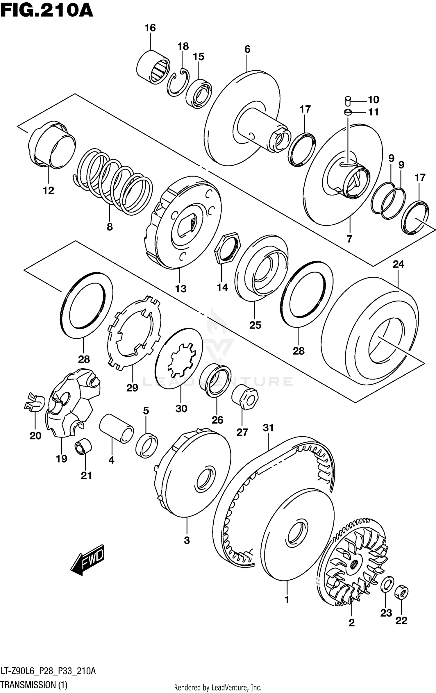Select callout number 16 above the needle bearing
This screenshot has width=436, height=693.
pyautogui.click(x=150, y=28)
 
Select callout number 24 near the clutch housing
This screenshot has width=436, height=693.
pyautogui.click(x=398, y=264)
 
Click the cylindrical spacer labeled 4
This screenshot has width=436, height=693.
pyautogui.click(x=116, y=428)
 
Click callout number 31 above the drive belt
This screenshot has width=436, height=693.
pyautogui.click(x=268, y=428)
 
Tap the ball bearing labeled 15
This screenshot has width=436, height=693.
pyautogui.click(x=199, y=93)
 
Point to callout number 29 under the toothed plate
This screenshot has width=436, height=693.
pyautogui.click(x=132, y=387)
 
